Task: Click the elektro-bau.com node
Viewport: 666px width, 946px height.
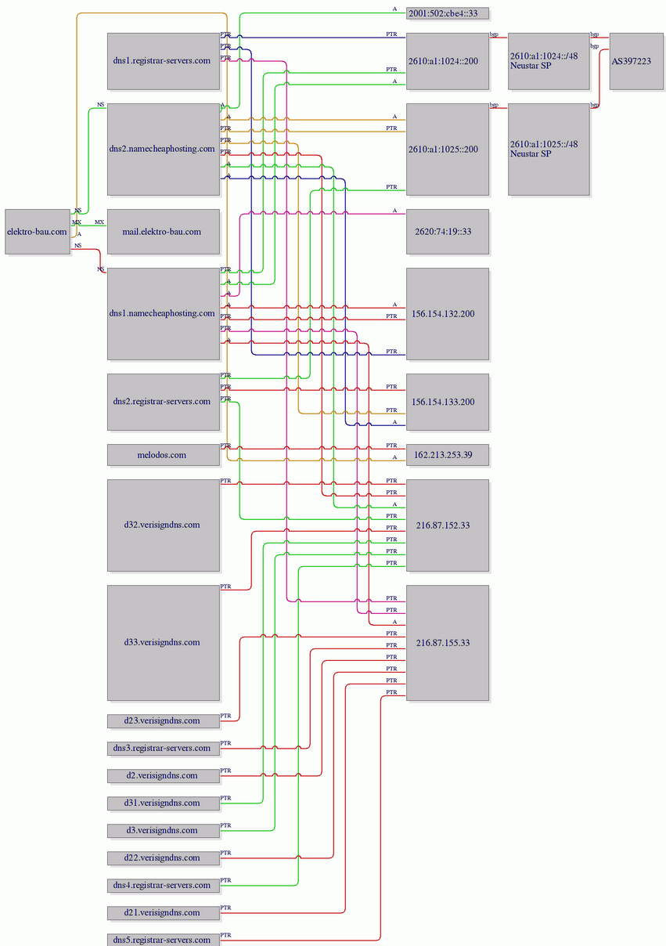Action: coord(38,232)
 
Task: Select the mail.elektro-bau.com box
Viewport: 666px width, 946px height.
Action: coord(164,232)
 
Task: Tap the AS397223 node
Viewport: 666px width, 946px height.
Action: coord(636,61)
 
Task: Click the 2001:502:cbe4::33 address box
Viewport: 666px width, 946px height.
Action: coord(448,13)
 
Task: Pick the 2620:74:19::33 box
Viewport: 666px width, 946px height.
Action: coord(448,232)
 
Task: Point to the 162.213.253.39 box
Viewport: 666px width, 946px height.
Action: coord(448,455)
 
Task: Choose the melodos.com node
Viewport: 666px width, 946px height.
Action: coord(164,455)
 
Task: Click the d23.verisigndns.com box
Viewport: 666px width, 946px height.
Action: coord(164,721)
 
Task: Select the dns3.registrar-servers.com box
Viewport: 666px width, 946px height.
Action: coord(164,749)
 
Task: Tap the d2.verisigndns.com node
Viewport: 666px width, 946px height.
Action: coord(164,776)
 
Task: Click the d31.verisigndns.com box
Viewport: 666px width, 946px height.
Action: coord(164,803)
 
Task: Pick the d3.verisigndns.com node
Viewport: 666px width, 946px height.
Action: coord(164,831)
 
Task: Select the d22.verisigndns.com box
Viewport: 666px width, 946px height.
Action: coord(164,858)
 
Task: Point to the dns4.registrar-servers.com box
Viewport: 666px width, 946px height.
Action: coord(164,886)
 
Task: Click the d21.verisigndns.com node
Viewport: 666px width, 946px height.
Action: coord(164,913)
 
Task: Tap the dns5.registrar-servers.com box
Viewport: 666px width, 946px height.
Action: coord(164,940)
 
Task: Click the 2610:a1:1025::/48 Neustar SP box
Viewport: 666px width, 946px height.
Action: coord(549,150)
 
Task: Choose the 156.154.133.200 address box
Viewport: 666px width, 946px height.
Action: coord(448,402)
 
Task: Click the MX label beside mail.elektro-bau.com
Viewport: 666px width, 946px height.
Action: coord(99,222)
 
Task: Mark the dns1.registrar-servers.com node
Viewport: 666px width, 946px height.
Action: coord(164,61)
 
